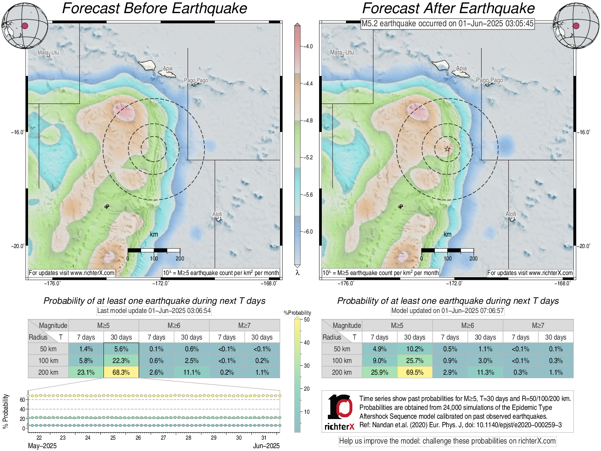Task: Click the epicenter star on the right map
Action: (x=447, y=149)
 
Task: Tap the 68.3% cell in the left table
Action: (x=121, y=372)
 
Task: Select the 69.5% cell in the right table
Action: (x=415, y=372)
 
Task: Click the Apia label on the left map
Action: (x=168, y=68)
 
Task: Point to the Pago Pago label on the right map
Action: (x=489, y=80)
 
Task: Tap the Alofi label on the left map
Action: (x=217, y=214)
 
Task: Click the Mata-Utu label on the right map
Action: (x=342, y=53)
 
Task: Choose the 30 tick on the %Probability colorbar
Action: (x=307, y=365)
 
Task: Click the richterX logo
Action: (x=340, y=412)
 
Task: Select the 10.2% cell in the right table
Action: (x=415, y=349)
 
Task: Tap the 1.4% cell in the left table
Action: (x=86, y=349)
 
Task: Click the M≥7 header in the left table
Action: (x=244, y=325)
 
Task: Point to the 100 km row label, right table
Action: (x=342, y=361)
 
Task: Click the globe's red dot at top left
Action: (x=25, y=26)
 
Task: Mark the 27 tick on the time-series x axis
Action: (x=163, y=438)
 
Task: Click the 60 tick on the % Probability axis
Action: (x=22, y=400)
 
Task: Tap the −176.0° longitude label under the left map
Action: (x=52, y=283)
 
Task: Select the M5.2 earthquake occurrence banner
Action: (x=447, y=24)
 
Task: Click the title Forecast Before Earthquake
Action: (x=155, y=9)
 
